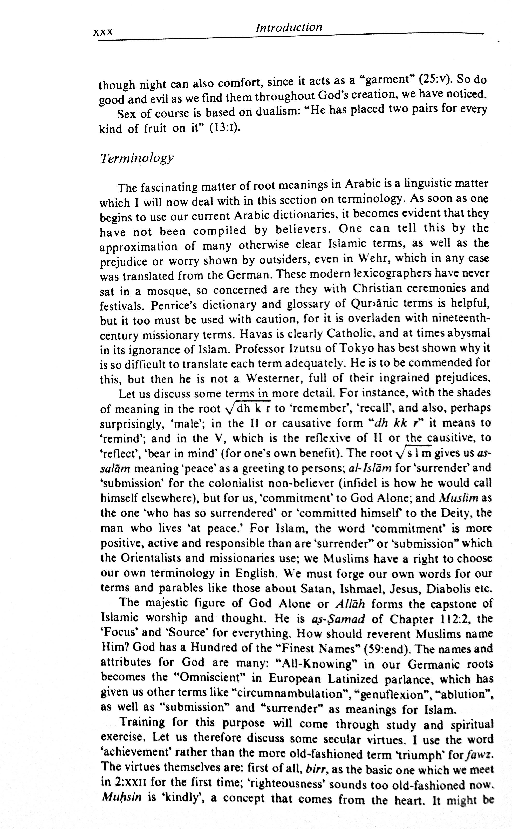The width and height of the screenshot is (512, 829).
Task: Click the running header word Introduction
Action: coord(289,27)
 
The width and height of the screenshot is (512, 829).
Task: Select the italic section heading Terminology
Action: coord(137,158)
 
